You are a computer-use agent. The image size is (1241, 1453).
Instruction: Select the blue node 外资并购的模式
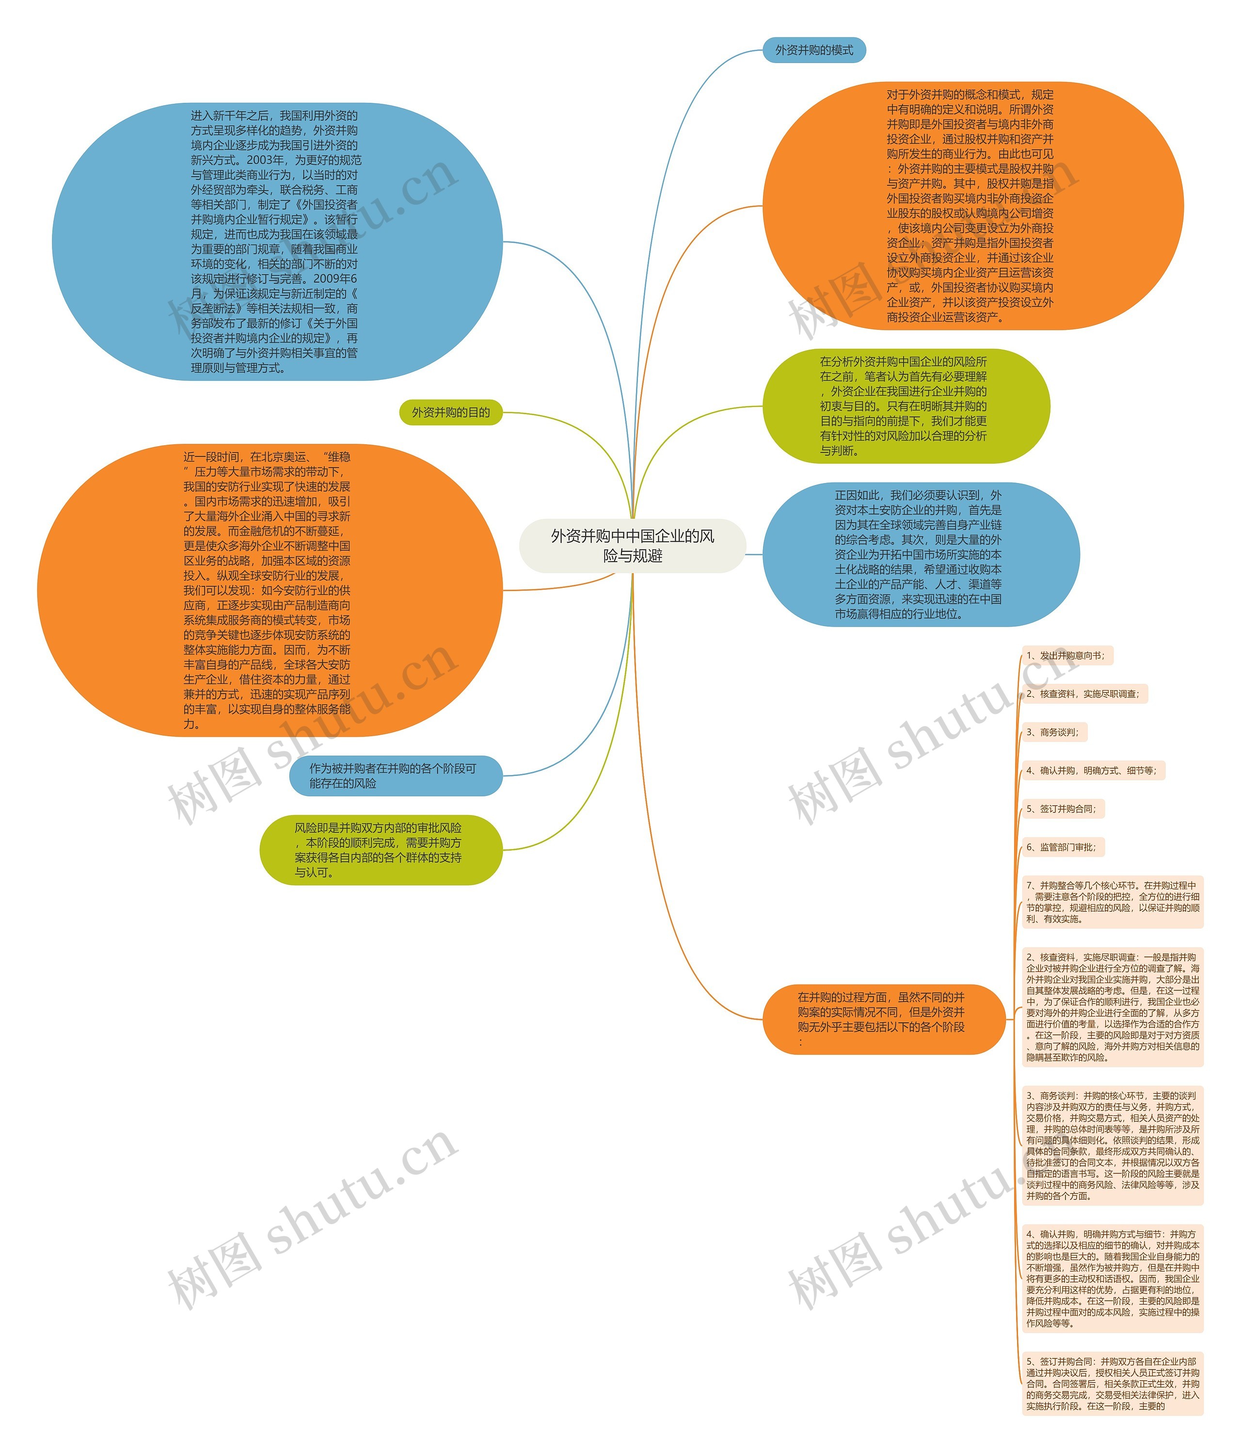click(x=813, y=50)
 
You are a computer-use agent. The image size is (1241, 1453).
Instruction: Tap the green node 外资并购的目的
click(x=450, y=412)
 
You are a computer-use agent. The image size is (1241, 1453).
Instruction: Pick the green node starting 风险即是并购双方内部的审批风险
click(x=381, y=850)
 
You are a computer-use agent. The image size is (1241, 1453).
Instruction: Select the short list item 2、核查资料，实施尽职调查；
click(x=1084, y=694)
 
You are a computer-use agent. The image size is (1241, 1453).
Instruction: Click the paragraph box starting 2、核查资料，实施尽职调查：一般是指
click(x=1112, y=1007)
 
